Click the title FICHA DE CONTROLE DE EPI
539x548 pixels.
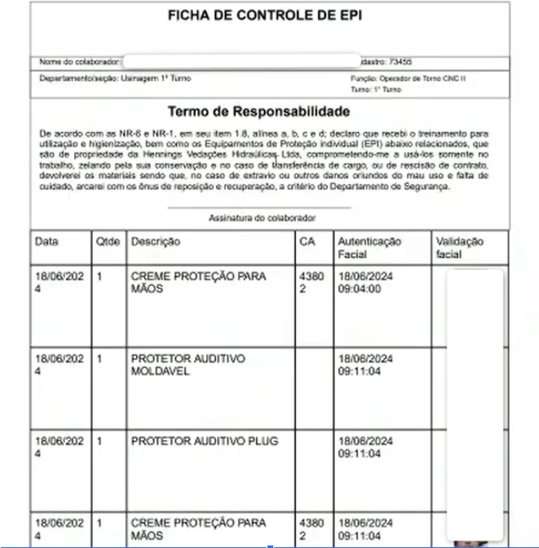[265, 16]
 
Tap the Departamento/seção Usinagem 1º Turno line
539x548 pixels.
[115, 78]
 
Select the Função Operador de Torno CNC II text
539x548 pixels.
[408, 78]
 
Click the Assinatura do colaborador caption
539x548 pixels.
[262, 218]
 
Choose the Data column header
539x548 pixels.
[47, 242]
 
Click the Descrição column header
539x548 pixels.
[156, 242]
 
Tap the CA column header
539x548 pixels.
[307, 242]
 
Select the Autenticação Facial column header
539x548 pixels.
[369, 248]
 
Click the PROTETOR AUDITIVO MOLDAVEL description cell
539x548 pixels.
[188, 365]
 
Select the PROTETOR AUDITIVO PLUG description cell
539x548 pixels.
[204, 441]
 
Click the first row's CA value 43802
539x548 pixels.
[310, 282]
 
